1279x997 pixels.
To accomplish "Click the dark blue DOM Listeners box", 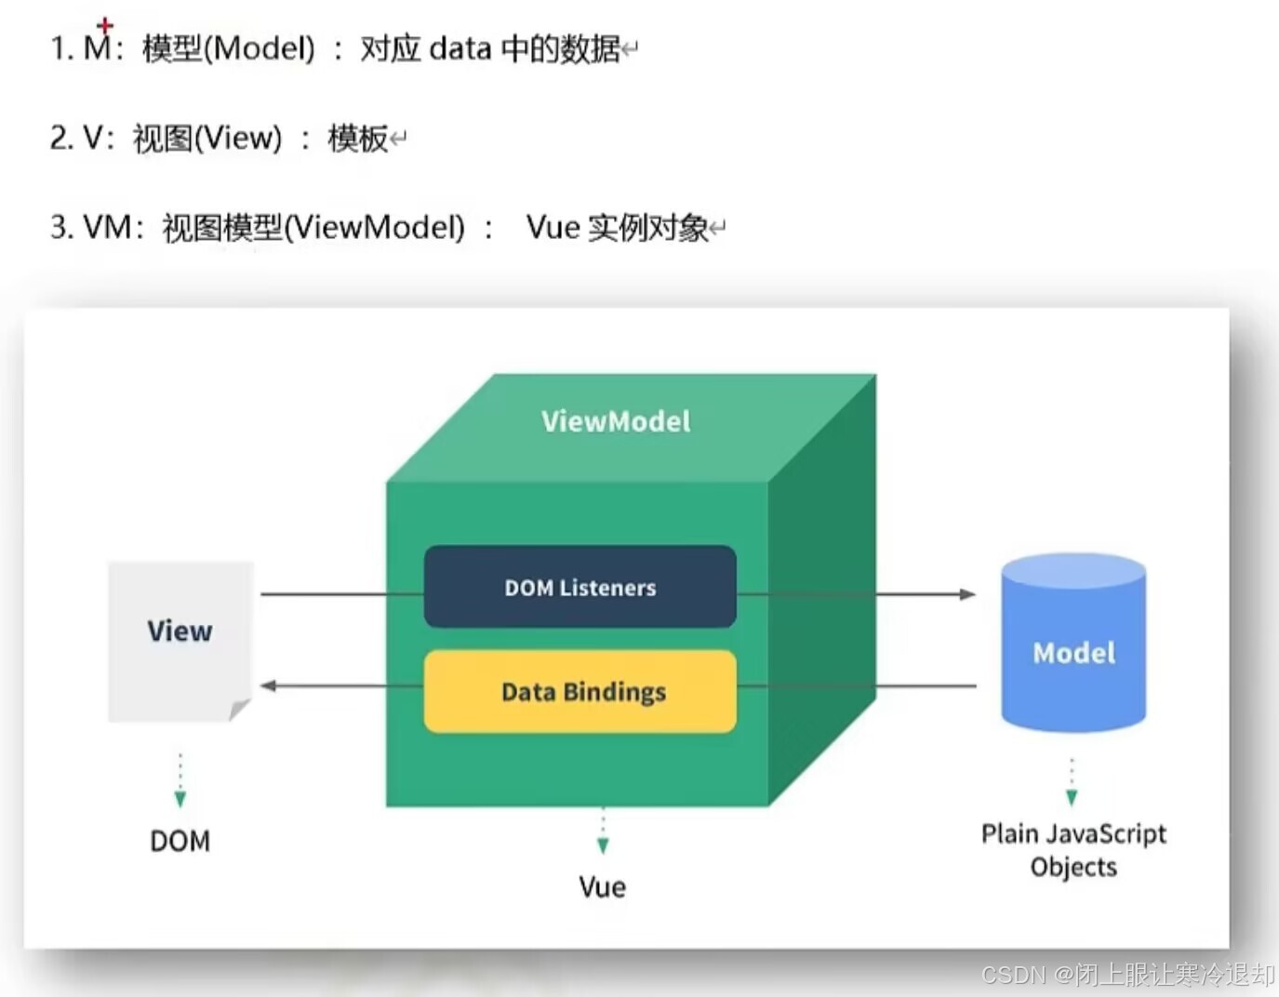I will click(x=580, y=587).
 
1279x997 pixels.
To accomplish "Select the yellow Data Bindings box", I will click(x=580, y=691).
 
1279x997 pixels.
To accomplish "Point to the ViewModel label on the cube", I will click(x=616, y=421).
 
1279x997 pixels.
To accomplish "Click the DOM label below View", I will click(x=180, y=841).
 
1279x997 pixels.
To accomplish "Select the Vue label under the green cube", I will click(x=602, y=887).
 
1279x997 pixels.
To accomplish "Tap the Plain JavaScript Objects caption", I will click(x=1073, y=850).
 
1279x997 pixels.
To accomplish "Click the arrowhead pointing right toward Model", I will click(x=967, y=593).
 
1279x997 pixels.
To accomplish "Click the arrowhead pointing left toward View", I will click(x=269, y=685).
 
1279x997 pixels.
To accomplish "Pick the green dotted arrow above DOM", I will click(x=180, y=781).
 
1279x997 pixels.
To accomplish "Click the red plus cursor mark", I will click(x=105, y=25).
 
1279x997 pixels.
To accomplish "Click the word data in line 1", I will click(x=460, y=47).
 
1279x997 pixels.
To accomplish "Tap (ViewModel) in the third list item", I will click(x=375, y=227).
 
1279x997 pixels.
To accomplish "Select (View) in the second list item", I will click(x=237, y=138).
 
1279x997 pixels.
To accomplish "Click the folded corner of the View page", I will click(x=240, y=710).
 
